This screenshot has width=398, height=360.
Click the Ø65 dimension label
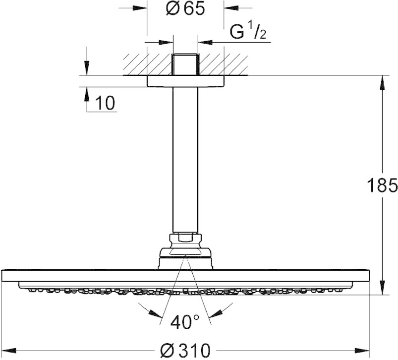coord(185,9)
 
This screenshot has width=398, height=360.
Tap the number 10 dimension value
coord(105,103)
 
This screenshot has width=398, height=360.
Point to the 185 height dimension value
coord(382,185)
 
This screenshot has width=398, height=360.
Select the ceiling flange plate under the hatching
coord(185,81)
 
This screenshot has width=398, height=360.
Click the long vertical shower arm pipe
coord(185,159)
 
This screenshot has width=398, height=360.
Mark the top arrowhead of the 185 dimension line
coord(382,81)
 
